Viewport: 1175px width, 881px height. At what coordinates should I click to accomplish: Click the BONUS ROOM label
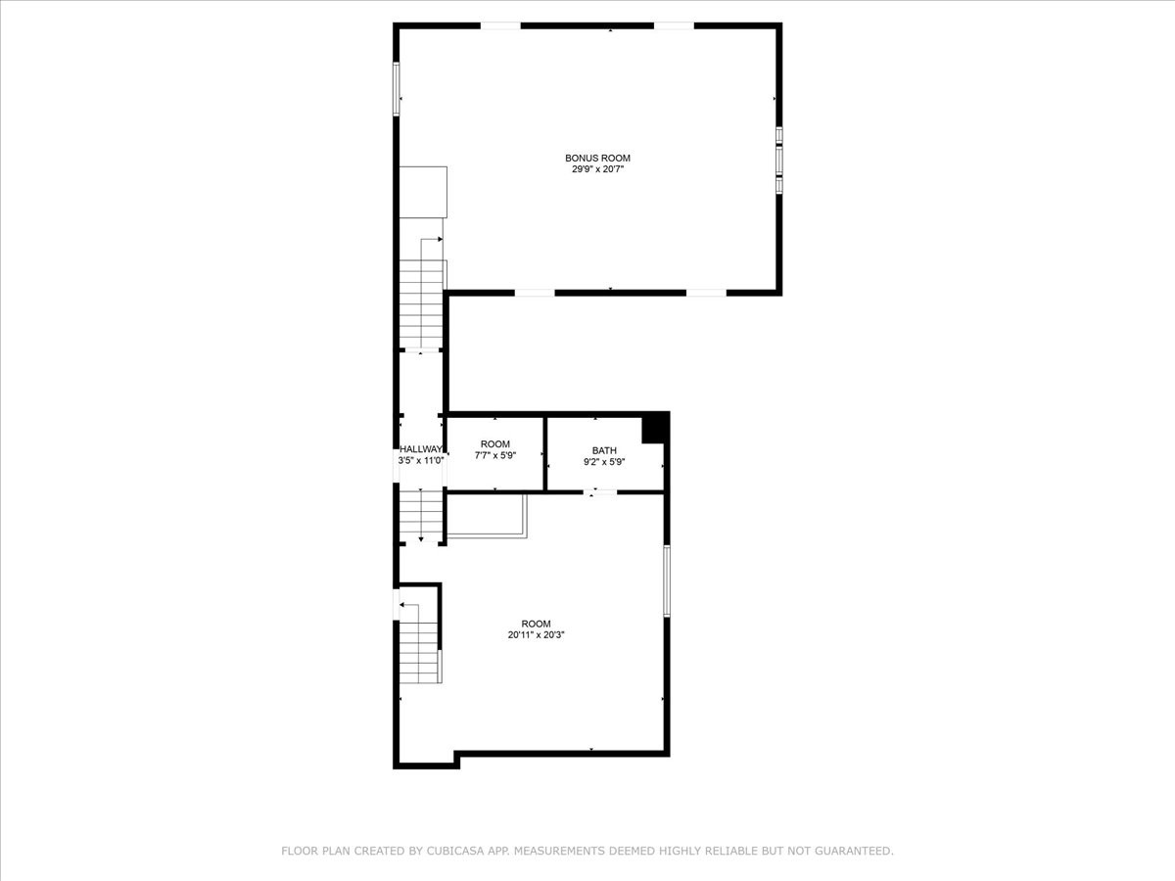click(x=597, y=158)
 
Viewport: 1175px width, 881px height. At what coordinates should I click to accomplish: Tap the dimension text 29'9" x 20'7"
click(x=598, y=169)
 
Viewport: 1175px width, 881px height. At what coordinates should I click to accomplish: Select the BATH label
click(x=604, y=450)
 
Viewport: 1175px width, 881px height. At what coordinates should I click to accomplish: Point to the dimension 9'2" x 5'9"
click(x=604, y=462)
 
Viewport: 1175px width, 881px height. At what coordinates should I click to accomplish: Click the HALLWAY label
click(x=421, y=449)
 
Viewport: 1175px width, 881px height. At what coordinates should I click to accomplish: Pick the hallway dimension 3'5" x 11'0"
click(x=421, y=460)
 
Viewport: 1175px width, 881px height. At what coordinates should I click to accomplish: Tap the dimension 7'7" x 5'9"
click(x=495, y=455)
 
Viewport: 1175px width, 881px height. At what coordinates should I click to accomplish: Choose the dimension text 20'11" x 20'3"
click(x=537, y=635)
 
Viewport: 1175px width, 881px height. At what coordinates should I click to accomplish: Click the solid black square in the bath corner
click(x=653, y=429)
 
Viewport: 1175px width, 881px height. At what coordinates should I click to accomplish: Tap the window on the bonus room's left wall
click(x=397, y=89)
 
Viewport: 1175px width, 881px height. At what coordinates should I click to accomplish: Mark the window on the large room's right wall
click(x=667, y=580)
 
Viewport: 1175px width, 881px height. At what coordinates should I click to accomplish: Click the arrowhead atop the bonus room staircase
click(x=440, y=239)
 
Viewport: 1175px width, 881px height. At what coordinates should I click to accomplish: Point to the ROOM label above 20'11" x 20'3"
click(x=537, y=624)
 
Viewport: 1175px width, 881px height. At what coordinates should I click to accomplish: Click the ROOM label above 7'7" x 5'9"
click(x=495, y=444)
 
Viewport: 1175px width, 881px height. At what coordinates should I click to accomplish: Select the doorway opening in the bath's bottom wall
click(x=600, y=492)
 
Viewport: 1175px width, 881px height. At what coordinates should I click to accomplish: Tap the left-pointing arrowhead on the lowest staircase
click(x=402, y=605)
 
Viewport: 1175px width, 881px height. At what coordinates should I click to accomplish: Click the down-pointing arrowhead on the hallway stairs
click(x=421, y=539)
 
